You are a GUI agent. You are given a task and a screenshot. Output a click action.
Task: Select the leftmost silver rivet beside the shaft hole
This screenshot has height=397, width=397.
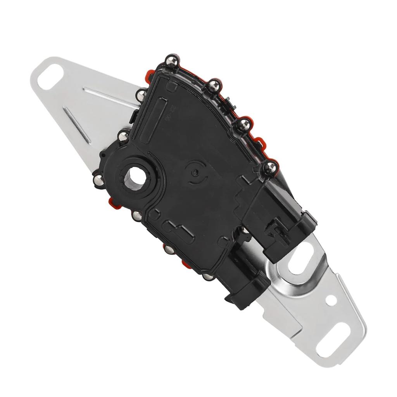click(x=98, y=179)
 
